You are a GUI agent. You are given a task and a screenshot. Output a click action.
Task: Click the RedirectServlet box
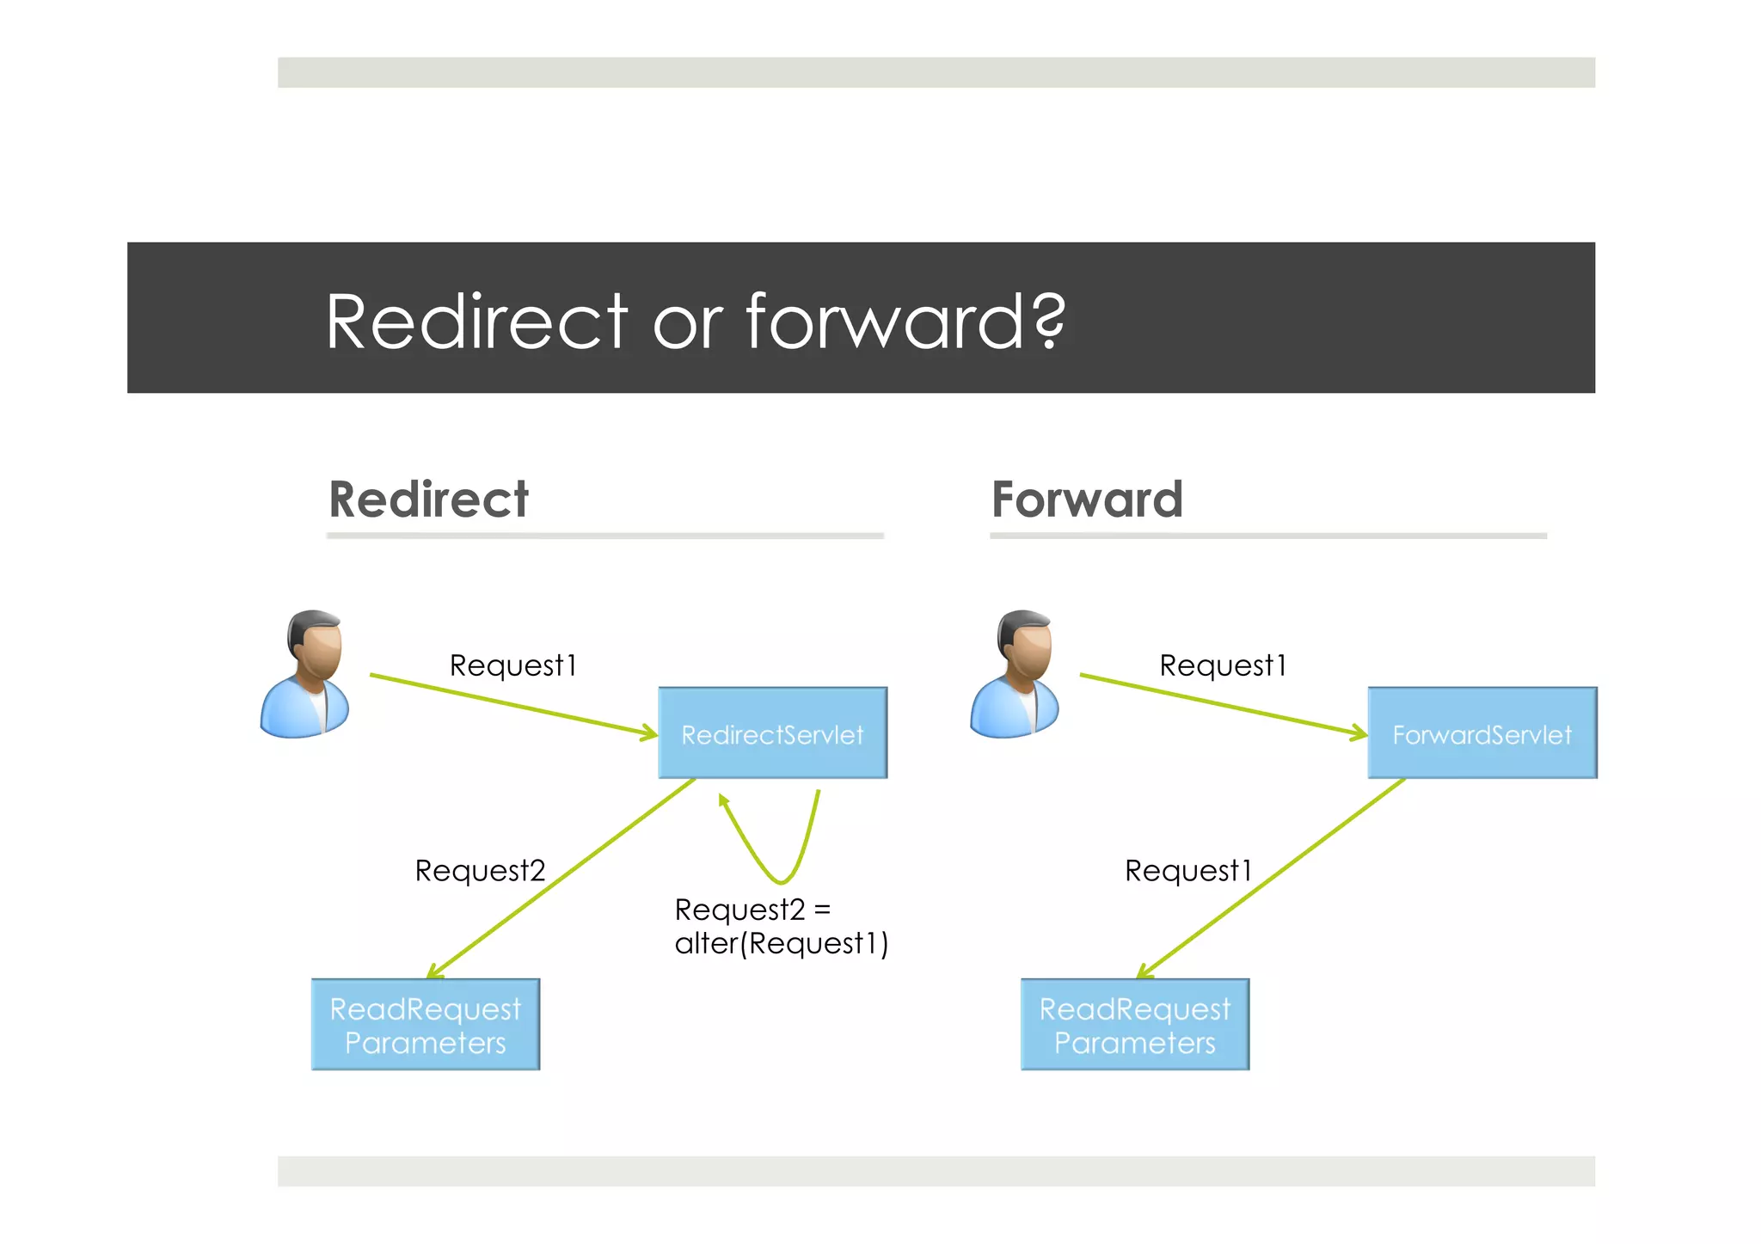[772, 733]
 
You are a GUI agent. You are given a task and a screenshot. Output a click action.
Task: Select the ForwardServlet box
[1482, 733]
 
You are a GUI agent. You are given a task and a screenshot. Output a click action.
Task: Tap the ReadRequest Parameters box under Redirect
[426, 1024]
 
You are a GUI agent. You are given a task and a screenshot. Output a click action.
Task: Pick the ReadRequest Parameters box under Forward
[1135, 1024]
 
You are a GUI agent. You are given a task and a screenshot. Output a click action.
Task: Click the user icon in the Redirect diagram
[306, 674]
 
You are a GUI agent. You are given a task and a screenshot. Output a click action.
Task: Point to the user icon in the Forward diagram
[1015, 674]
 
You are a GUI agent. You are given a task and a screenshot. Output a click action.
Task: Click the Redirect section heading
[428, 499]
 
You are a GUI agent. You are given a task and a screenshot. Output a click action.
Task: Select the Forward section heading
[1087, 499]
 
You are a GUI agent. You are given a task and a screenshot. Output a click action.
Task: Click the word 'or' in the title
[687, 325]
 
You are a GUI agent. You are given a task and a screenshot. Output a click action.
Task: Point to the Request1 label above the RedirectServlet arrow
[513, 665]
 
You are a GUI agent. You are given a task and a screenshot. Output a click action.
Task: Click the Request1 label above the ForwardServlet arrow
[1223, 665]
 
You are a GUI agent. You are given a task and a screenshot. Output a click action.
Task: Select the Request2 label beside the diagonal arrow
[480, 871]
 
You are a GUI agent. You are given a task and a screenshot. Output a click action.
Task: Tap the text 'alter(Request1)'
[781, 944]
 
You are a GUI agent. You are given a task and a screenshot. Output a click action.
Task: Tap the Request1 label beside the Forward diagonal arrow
[1188, 871]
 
